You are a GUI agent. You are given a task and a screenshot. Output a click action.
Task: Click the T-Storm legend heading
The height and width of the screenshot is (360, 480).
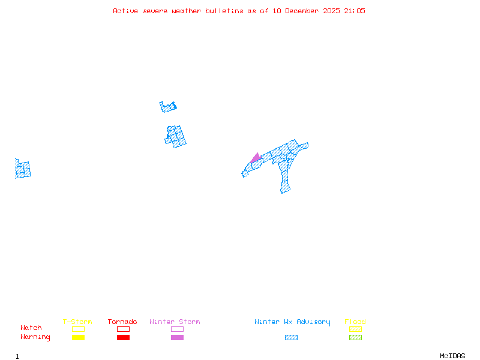(77, 322)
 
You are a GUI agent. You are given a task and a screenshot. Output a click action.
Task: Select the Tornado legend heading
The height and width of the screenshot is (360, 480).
(122, 322)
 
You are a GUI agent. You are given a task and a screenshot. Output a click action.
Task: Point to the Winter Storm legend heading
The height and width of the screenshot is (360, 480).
(175, 322)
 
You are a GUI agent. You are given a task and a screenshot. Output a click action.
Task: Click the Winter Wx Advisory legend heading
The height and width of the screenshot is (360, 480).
(292, 322)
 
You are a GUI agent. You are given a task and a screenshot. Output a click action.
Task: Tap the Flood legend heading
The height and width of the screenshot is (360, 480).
(355, 322)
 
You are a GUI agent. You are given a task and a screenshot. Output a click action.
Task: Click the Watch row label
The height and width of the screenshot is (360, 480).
(31, 328)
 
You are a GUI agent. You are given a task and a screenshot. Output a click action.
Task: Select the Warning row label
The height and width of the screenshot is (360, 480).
(35, 337)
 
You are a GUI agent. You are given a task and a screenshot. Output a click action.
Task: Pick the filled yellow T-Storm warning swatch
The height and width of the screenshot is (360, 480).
(78, 338)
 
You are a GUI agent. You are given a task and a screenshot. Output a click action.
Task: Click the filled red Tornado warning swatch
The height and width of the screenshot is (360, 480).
(123, 338)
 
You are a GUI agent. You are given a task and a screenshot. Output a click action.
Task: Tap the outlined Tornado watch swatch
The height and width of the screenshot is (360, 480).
(123, 329)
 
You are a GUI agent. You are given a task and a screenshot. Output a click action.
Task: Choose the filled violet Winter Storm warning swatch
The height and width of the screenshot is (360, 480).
(177, 338)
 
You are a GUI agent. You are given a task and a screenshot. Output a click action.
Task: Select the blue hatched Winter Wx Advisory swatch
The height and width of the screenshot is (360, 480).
(291, 338)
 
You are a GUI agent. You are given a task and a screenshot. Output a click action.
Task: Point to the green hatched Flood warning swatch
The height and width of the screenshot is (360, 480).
(355, 338)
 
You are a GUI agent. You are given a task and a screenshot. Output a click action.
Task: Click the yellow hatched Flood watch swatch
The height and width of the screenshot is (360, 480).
(355, 329)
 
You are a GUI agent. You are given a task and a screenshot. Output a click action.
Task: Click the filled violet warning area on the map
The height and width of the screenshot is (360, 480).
(256, 158)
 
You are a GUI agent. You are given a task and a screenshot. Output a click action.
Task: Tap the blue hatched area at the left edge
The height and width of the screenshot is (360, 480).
(23, 170)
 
